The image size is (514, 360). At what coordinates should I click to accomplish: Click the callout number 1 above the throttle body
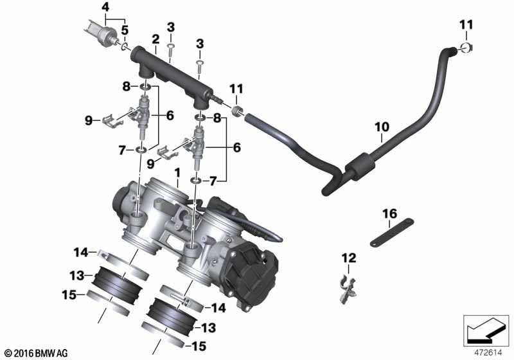tap(177, 174)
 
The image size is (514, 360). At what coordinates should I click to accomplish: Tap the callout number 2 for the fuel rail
tap(155, 39)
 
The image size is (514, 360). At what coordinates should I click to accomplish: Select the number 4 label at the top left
tap(105, 7)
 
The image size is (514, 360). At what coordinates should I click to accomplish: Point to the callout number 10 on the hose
tap(382, 127)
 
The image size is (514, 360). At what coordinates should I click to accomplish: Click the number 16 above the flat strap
tap(390, 214)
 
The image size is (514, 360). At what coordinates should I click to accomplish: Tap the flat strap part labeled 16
tap(392, 232)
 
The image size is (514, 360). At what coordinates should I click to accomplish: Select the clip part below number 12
tap(348, 289)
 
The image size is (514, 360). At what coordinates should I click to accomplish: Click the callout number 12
tap(349, 258)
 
